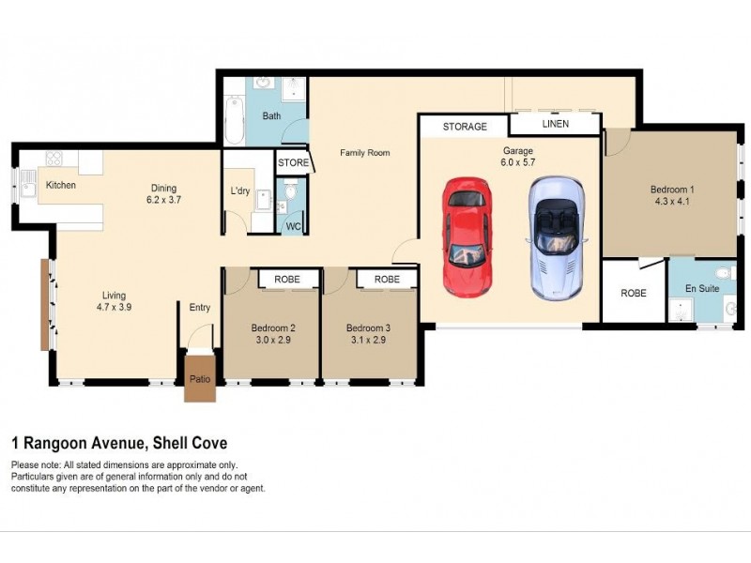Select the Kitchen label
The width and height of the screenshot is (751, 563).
pos(61,185)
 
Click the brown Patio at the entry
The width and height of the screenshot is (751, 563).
pos(200,377)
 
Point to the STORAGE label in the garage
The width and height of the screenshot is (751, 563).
pos(465,126)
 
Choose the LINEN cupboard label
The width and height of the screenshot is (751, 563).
pos(555,124)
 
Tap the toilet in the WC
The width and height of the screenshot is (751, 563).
pos(291,194)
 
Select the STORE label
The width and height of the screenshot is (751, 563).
pos(293,162)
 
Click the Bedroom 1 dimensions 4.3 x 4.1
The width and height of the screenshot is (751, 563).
pos(672,201)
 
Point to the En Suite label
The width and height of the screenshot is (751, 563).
pos(702,288)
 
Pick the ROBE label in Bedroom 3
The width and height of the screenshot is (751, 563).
pos(386,280)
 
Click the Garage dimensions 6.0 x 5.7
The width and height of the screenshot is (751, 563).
pos(516,163)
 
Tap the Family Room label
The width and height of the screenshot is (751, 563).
pos(364,152)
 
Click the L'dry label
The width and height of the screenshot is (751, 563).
pos(240,191)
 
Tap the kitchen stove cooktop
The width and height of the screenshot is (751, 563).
pos(53,160)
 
